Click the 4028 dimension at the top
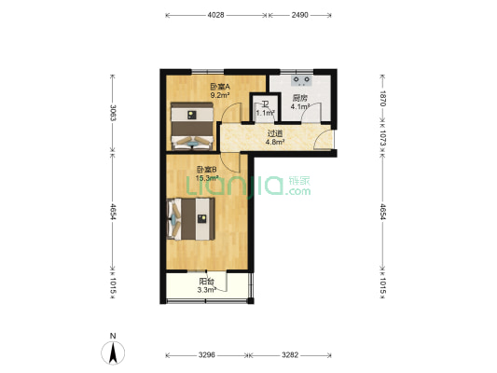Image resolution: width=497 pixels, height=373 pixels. [x=215, y=15]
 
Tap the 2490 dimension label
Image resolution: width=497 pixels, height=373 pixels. [x=300, y=15]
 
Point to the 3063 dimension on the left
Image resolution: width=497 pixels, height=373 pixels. [x=113, y=113]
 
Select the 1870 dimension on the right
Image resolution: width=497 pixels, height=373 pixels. [x=383, y=99]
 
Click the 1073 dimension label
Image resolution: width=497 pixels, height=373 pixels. [x=383, y=138]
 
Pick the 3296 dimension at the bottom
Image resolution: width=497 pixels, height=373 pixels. [x=207, y=355]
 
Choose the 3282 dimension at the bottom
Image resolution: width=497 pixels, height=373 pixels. [x=290, y=355]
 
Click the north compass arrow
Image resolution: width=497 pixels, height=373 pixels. [x=113, y=352]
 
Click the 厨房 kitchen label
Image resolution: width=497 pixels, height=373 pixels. [x=300, y=99]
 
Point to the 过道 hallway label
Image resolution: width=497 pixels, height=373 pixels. [x=274, y=134]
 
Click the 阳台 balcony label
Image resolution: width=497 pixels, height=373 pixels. [x=207, y=282]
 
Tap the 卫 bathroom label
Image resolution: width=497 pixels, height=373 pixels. [x=265, y=104]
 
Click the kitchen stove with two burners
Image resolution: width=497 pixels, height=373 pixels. [x=301, y=80]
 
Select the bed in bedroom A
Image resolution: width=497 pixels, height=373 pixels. [x=192, y=126]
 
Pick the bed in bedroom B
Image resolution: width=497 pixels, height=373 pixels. [x=191, y=219]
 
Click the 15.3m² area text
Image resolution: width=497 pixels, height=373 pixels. [x=207, y=178]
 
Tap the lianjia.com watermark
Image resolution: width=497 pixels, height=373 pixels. [x=248, y=186]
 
